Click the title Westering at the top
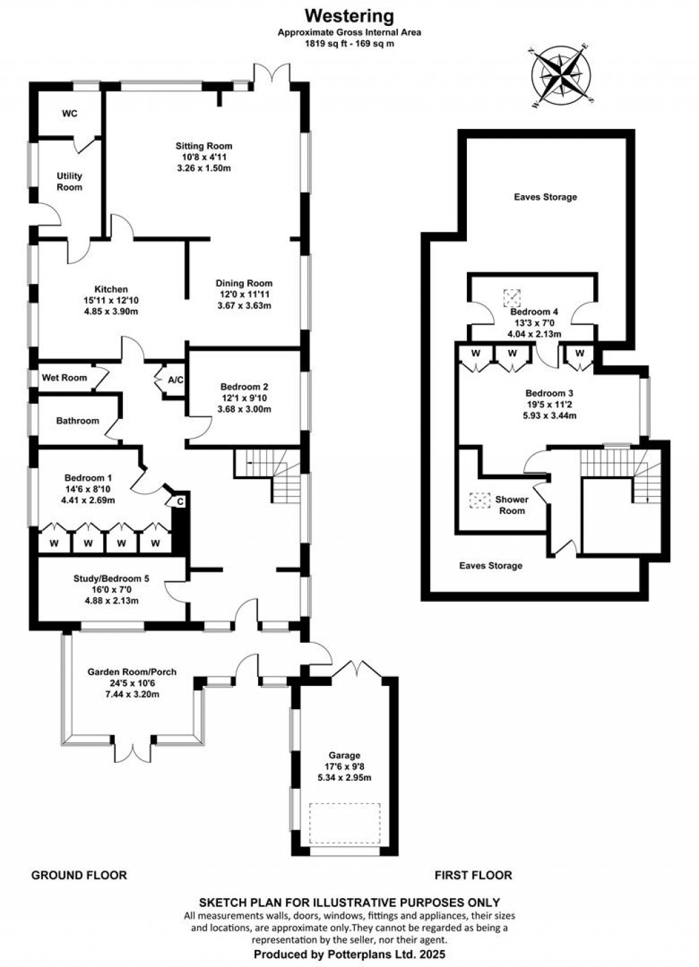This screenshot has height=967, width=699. [349, 15]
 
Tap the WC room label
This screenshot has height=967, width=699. [70, 113]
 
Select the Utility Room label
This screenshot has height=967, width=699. [69, 182]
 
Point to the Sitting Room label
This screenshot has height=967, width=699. [203, 146]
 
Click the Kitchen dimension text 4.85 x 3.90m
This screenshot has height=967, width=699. [111, 311]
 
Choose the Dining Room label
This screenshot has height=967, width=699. [244, 283]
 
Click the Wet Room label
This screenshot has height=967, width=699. [65, 377]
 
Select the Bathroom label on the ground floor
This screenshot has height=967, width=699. [77, 421]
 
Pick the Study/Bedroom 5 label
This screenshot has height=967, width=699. [111, 579]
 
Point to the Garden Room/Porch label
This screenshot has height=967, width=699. [132, 672]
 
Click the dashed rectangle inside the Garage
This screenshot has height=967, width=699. [344, 824]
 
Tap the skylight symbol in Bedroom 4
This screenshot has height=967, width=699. [511, 298]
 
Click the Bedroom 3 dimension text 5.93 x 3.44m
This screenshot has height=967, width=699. [549, 415]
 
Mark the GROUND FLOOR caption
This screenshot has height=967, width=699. [79, 875]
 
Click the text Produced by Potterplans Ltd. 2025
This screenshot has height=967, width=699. [349, 954]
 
